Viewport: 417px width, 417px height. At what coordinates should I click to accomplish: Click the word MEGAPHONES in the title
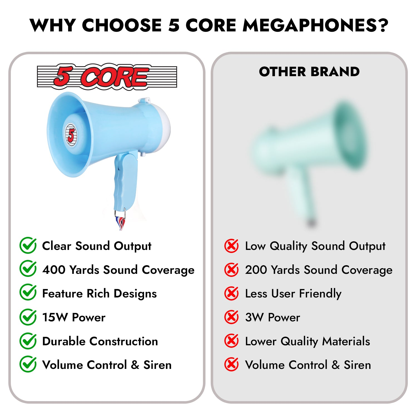pos(309,25)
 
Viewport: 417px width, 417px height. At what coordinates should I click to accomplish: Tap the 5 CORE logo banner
pos(107,77)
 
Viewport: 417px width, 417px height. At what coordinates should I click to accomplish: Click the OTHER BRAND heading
pos(309,72)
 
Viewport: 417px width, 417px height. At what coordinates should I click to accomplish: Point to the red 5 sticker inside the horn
pos(71,135)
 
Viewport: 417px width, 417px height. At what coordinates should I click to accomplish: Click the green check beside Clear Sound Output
pos(28,245)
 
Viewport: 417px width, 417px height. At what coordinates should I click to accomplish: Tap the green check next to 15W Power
pos(28,317)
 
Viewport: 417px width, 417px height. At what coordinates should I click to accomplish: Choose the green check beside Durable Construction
pos(28,341)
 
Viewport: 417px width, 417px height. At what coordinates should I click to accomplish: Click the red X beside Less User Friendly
pos(231,294)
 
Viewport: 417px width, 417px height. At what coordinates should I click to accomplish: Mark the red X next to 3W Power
pos(231,317)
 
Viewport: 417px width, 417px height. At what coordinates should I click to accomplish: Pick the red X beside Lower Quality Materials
pos(231,341)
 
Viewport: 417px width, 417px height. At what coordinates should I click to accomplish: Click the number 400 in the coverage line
pos(54,270)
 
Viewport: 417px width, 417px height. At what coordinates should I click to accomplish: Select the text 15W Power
pos(74,317)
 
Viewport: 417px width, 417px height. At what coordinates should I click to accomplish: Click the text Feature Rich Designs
pos(100,294)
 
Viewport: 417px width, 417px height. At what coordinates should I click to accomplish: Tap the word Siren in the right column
pos(357,365)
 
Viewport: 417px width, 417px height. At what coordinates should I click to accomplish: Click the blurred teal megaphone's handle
pos(304,195)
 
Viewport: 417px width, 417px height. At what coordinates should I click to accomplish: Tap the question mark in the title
pos(383,25)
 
